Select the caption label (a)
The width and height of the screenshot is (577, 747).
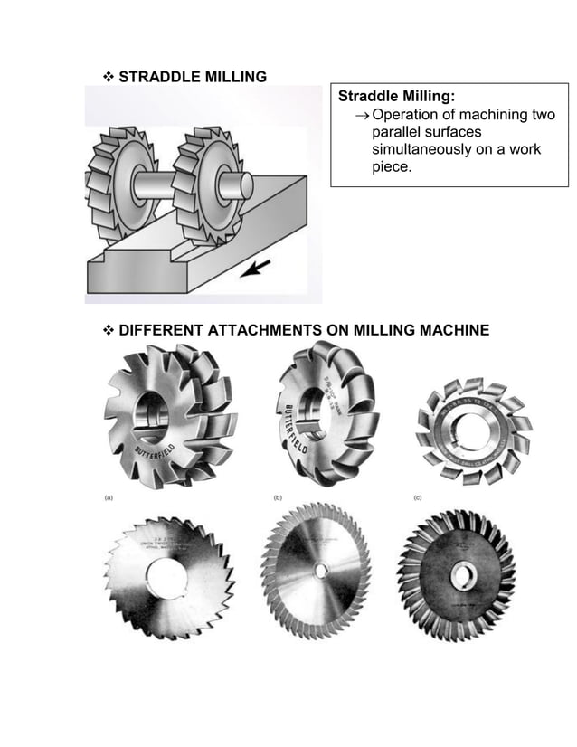(x=106, y=497)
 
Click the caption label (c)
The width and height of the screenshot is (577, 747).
(x=418, y=497)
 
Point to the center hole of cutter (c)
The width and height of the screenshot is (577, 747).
(x=471, y=425)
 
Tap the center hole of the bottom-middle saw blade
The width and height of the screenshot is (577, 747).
(x=321, y=571)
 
